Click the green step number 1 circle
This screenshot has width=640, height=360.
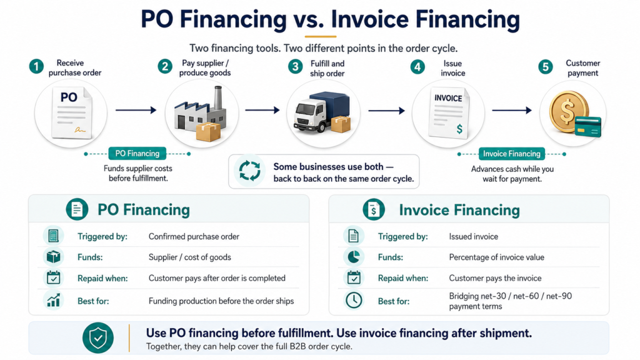point(36,66)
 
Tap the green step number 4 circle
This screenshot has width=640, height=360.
point(417,66)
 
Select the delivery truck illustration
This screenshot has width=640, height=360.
point(322,112)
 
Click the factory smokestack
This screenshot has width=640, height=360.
point(218,98)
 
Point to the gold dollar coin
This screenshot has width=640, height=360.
point(568,110)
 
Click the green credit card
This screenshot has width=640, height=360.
point(588,126)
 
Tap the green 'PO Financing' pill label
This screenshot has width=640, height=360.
point(137,154)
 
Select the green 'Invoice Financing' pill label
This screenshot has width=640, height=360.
point(511,154)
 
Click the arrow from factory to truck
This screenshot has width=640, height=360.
point(262,110)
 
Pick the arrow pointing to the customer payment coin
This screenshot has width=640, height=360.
point(512,110)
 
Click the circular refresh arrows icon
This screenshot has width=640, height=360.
point(249,171)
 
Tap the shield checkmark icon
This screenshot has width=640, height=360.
point(98,338)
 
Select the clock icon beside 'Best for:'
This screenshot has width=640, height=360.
point(354,301)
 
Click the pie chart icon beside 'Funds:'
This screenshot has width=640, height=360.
point(354,257)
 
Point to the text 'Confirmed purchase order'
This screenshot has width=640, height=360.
point(194,236)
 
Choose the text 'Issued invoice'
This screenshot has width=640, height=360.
point(474,236)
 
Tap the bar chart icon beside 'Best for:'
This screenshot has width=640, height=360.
point(54,300)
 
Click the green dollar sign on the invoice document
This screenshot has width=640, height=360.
point(459,129)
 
